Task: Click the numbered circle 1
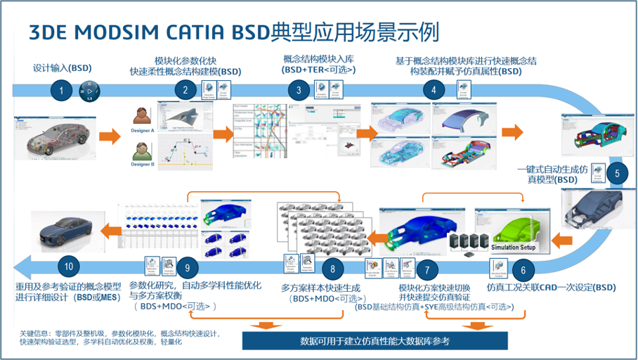[62, 90]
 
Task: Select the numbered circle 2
[185, 90]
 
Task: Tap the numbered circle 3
[299, 90]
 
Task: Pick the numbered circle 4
[433, 90]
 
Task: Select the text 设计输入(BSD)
[63, 68]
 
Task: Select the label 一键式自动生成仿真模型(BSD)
[549, 174]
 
